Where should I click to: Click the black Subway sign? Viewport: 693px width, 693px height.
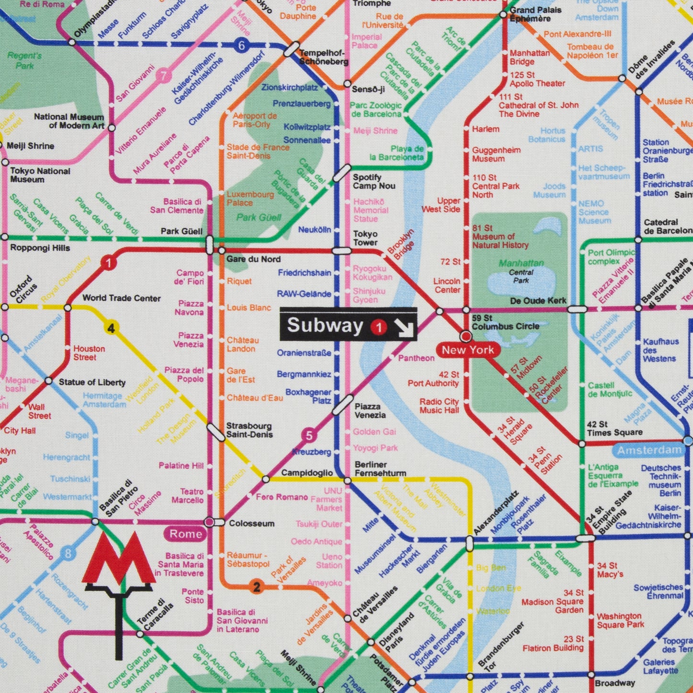(348, 325)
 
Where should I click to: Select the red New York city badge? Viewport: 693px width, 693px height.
(468, 350)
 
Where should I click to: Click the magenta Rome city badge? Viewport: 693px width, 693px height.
(186, 534)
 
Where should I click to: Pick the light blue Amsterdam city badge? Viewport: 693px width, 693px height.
(649, 450)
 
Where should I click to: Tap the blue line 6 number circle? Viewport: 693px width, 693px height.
(241, 46)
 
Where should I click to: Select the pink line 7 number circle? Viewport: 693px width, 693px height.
(164, 76)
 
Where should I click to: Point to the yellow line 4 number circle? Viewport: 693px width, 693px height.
(111, 329)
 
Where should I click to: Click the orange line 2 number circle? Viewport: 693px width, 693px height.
(257, 587)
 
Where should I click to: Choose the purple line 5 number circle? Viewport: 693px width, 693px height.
(309, 435)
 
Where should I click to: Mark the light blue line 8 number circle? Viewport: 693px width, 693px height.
(68, 553)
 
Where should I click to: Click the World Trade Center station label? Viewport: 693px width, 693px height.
(121, 298)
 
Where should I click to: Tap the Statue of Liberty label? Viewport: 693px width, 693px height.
(92, 382)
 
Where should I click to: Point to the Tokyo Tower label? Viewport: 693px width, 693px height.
(365, 238)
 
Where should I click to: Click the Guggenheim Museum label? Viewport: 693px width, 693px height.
(496, 154)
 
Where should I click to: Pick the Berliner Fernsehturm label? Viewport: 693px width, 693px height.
(380, 469)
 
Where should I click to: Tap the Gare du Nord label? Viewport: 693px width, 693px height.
(253, 259)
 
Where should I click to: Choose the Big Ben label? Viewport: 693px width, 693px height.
(491, 568)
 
